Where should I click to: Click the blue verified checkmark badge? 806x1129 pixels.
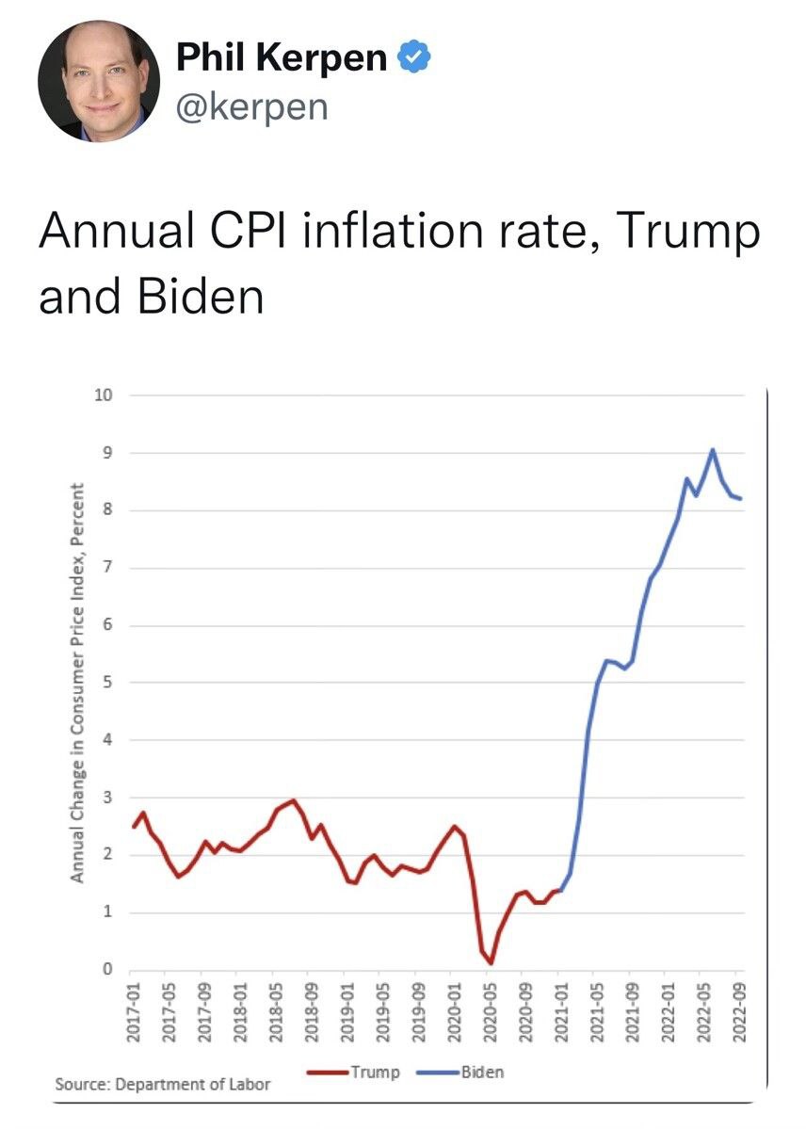point(413,58)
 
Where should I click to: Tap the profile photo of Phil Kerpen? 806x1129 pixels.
point(99,81)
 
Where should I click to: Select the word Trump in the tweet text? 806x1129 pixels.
point(700,232)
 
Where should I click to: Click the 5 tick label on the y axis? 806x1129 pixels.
point(107,683)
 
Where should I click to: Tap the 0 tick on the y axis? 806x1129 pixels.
point(107,970)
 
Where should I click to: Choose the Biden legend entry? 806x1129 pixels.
point(481,1072)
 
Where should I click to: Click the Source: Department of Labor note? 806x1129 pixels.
point(163,1084)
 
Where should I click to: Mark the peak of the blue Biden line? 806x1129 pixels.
point(713,449)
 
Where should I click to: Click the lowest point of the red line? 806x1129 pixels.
point(491,962)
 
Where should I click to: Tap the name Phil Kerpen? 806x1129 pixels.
point(282,58)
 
